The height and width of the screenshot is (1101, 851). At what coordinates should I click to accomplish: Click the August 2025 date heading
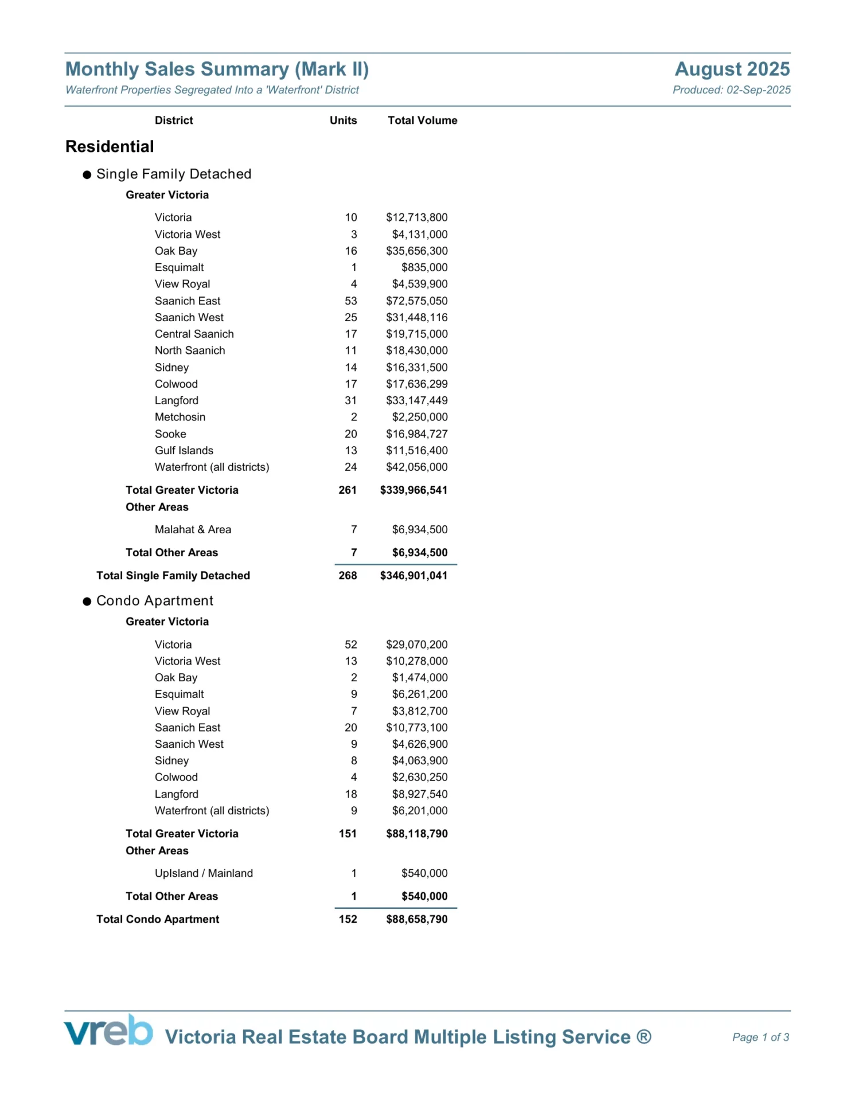[x=732, y=69]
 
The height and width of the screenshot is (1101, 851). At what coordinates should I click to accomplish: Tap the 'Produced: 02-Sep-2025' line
[x=731, y=90]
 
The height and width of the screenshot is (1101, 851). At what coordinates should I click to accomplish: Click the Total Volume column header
[x=422, y=120]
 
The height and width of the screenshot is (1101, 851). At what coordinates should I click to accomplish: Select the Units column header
[x=343, y=120]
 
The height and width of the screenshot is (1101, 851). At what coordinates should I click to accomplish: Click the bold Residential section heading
[x=110, y=147]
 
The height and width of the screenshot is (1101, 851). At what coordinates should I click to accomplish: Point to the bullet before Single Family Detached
[x=87, y=175]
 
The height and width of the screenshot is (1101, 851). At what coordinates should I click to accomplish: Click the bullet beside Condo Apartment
[x=87, y=602]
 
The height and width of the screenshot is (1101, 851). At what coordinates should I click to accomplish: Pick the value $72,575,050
[x=416, y=301]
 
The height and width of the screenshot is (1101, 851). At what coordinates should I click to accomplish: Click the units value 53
[x=350, y=301]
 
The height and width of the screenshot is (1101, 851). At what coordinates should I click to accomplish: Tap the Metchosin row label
[x=179, y=417]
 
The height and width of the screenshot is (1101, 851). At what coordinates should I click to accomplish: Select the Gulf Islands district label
[x=184, y=451]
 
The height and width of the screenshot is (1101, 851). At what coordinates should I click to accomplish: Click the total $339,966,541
[x=413, y=490]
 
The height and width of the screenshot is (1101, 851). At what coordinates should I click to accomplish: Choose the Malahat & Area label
[x=193, y=530]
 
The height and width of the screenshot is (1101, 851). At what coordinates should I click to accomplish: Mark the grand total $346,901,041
[x=413, y=576]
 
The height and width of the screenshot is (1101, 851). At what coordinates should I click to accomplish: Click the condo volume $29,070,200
[x=416, y=645]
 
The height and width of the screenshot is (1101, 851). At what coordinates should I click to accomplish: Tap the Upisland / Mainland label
[x=204, y=873]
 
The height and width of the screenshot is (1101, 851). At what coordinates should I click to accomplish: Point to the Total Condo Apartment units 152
[x=348, y=919]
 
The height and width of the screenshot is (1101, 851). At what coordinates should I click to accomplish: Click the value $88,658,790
[x=416, y=919]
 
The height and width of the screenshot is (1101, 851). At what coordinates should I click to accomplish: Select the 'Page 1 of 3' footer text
[x=760, y=1037]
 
